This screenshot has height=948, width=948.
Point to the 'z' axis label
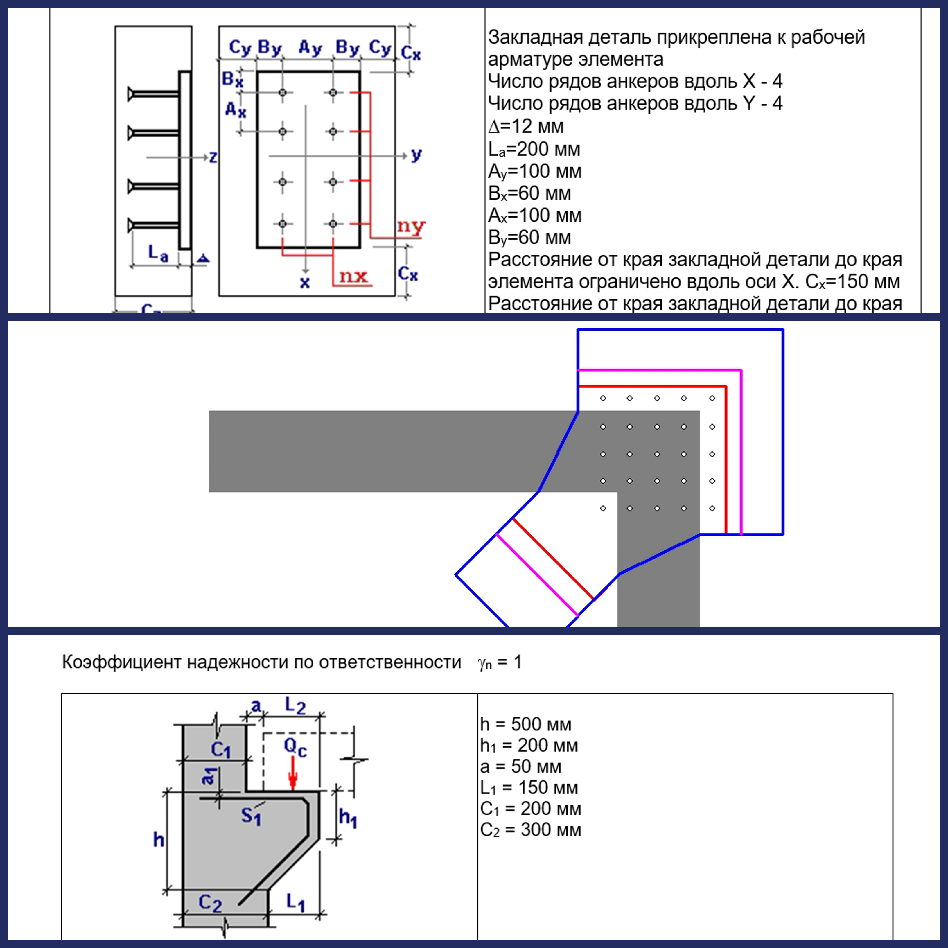213,157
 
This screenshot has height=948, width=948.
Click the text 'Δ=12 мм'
526,127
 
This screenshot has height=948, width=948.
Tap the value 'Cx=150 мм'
852,282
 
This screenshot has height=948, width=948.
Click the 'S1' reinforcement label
251,816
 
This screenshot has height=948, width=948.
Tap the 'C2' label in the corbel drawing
210,902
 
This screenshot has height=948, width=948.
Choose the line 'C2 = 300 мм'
530,830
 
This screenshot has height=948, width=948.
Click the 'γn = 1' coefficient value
500,662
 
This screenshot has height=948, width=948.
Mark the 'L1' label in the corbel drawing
295,902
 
